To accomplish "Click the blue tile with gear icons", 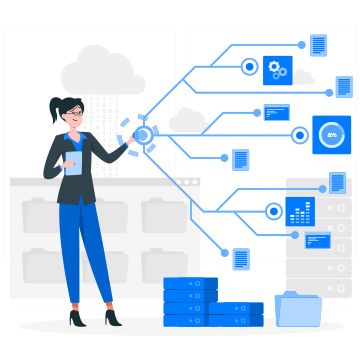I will (x=277, y=70).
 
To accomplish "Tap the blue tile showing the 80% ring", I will (x=332, y=135).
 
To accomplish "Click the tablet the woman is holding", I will (x=73, y=163).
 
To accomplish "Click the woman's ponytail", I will (x=56, y=110).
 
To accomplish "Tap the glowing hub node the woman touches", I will (x=142, y=135).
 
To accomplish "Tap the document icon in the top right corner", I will (x=319, y=45).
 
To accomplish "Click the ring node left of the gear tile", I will (x=249, y=67).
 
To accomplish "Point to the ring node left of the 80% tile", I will (x=299, y=135).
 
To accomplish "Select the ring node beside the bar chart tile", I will (x=273, y=211).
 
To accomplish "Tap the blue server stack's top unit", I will (x=190, y=284).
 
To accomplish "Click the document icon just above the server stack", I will (x=241, y=259).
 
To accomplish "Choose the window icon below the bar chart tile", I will (x=318, y=240).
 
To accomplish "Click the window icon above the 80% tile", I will (x=276, y=112).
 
